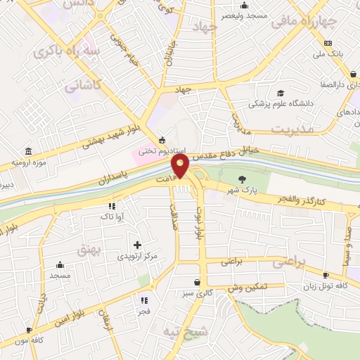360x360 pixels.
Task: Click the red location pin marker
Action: pos(181,166)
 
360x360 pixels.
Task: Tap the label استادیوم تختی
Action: pos(160,150)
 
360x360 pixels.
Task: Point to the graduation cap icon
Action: pos(281,93)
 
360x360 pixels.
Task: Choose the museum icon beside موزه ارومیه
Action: pos(27,152)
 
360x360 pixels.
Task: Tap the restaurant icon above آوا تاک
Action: pos(111,206)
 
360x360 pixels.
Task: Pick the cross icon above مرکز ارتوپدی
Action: pos(137,244)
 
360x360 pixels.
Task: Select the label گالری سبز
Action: pos(205,292)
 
